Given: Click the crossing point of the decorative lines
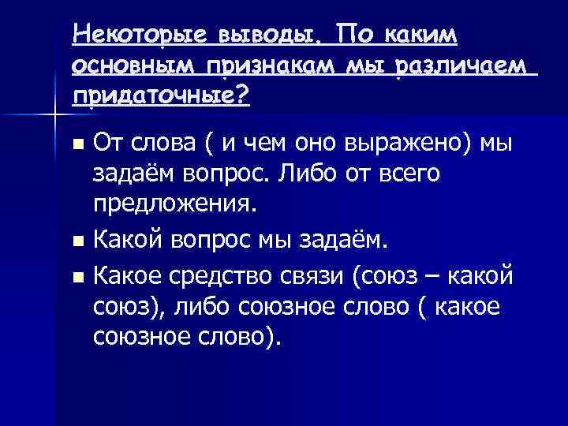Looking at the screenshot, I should point(53,116).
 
